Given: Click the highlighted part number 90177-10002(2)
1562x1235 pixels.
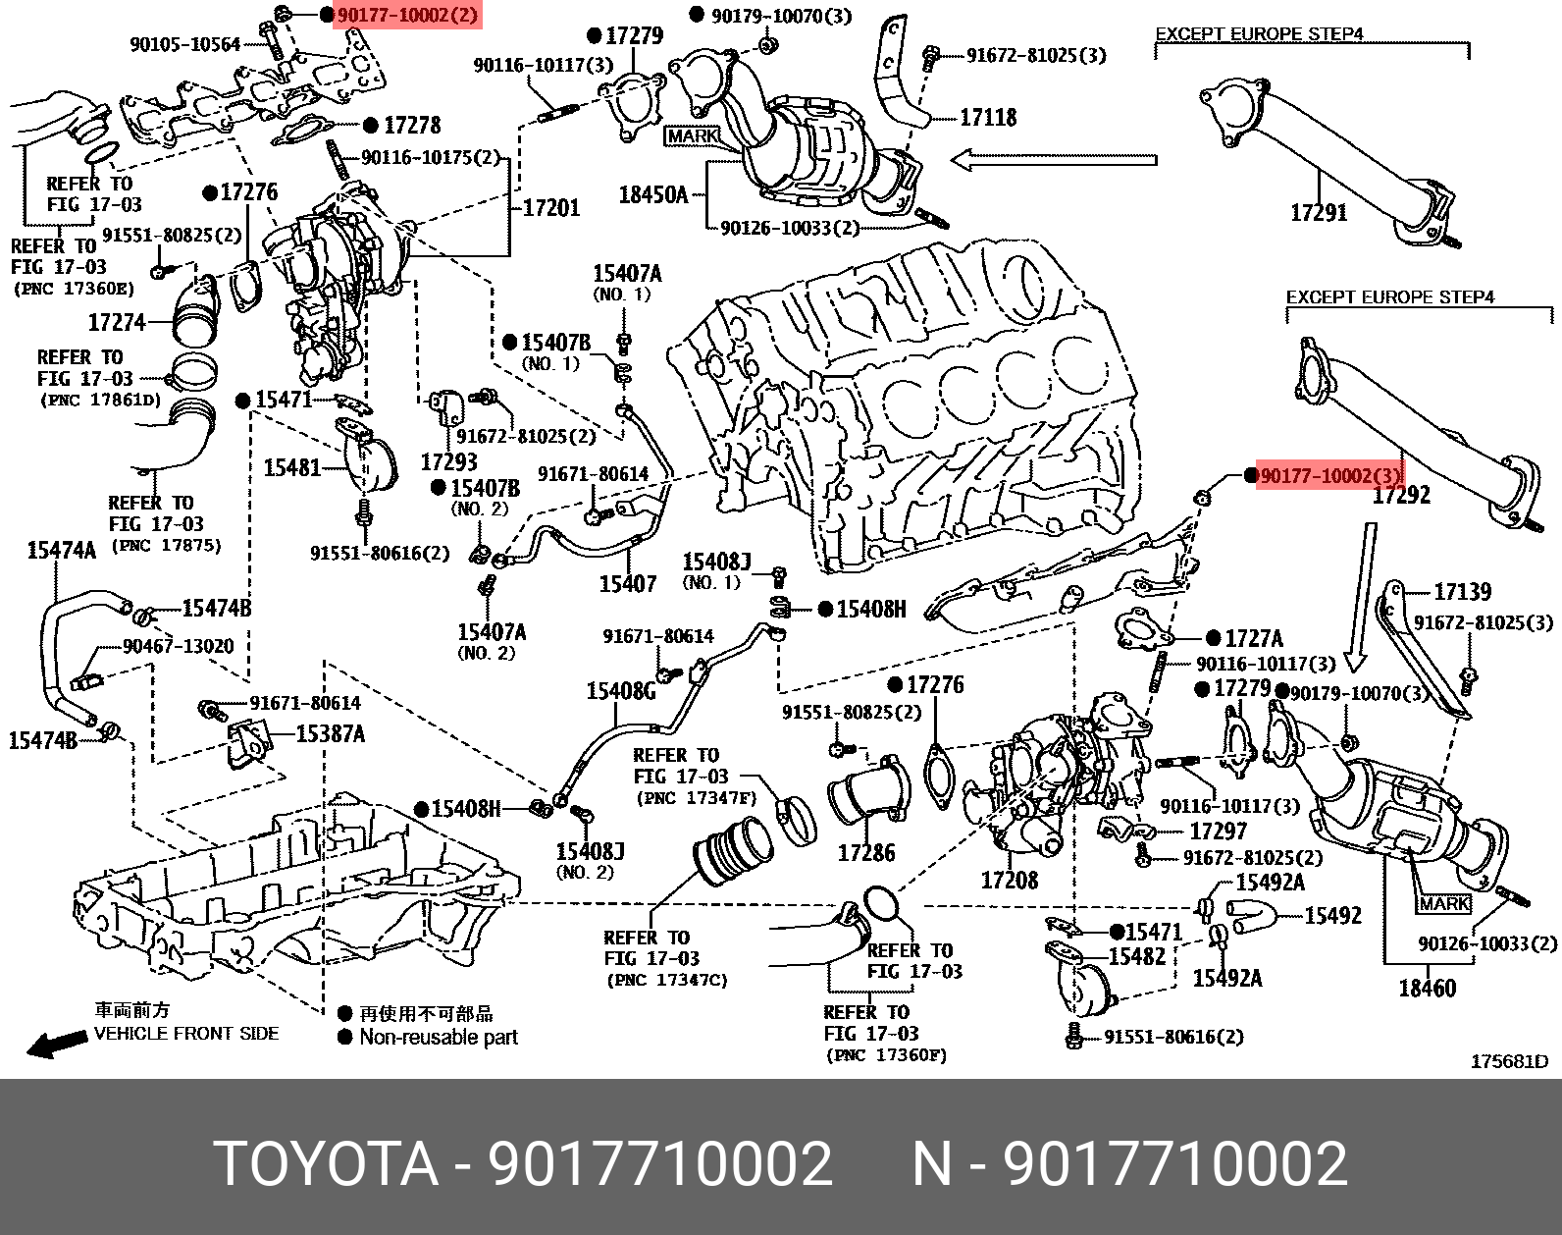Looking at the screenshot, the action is [x=408, y=16].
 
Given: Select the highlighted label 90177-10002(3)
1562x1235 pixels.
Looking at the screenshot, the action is [x=1329, y=476].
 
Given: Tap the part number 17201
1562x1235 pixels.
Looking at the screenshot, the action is [x=550, y=208].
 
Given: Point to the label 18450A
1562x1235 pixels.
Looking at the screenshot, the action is [x=652, y=194].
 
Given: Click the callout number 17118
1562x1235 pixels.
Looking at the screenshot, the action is [x=987, y=118].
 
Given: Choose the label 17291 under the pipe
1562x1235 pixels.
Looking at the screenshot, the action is [x=1319, y=212].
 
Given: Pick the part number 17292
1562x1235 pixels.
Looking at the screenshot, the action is [x=1401, y=497].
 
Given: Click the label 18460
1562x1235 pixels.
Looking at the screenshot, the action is [x=1427, y=988].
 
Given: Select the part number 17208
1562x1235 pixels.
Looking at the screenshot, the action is [x=1010, y=879].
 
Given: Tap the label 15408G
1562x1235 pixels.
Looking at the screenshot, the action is [x=620, y=691].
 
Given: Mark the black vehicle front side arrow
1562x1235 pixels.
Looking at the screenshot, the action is [x=54, y=1044].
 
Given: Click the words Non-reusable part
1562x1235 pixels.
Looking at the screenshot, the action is [x=438, y=1037].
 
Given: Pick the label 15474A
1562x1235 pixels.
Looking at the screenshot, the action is [x=61, y=551].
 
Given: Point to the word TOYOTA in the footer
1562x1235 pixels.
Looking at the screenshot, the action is [x=326, y=1164].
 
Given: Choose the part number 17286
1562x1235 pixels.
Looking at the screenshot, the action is [x=865, y=853].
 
